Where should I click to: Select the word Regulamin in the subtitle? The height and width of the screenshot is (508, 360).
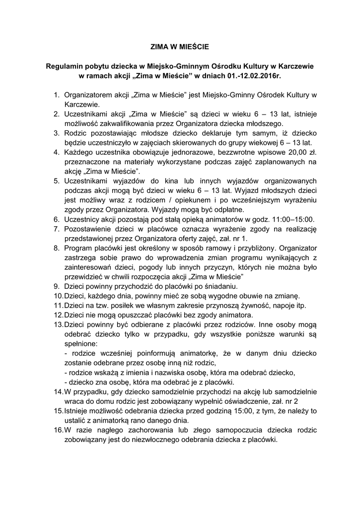(x=64, y=66)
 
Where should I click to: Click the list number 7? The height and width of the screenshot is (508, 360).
(x=57, y=228)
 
